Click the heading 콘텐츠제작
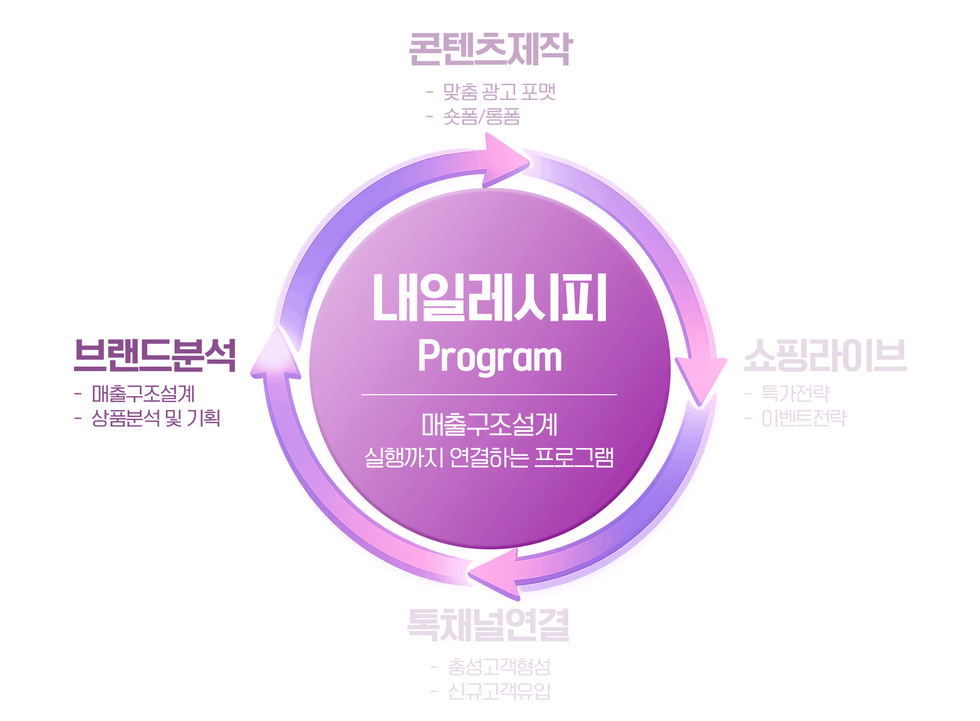click(491, 50)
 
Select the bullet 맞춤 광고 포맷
click(499, 92)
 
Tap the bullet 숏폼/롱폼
click(481, 117)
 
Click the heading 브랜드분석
click(155, 355)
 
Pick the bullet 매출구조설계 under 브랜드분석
click(143, 394)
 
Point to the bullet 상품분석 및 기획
click(156, 418)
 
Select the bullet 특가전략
click(795, 393)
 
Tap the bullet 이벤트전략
click(804, 418)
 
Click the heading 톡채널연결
click(488, 625)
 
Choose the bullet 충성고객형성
click(499, 666)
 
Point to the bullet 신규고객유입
click(499, 691)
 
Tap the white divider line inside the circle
click(489, 395)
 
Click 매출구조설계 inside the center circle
click(489, 425)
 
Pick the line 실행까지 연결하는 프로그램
click(489, 457)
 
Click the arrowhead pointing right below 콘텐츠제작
click(505, 160)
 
